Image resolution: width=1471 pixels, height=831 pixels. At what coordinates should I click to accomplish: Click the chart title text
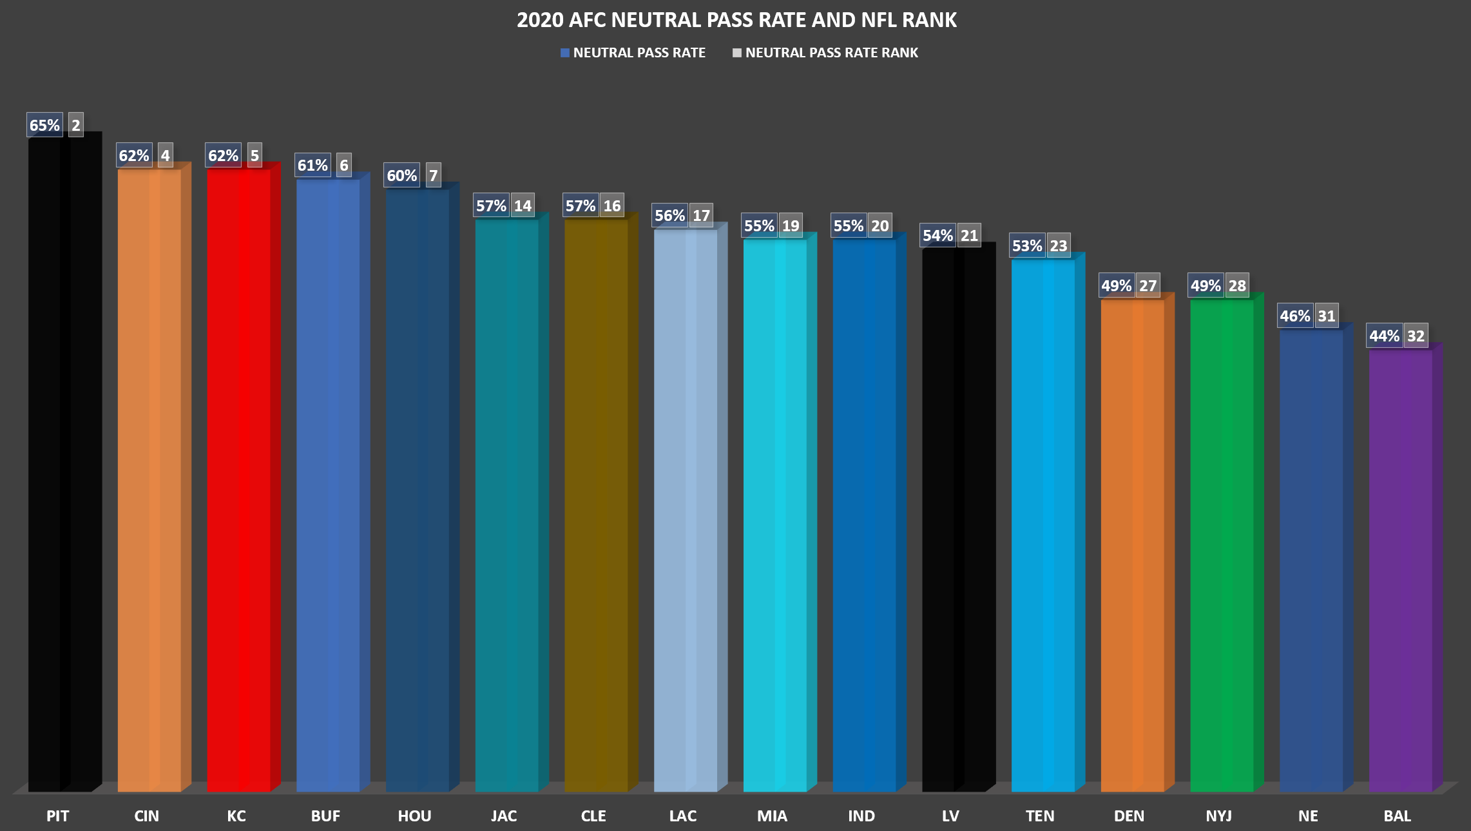click(736, 20)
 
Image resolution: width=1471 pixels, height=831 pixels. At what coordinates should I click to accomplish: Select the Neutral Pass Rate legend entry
click(633, 53)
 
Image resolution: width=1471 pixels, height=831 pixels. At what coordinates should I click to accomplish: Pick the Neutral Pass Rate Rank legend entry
click(825, 53)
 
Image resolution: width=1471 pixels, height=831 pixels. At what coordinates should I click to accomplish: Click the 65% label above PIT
click(44, 125)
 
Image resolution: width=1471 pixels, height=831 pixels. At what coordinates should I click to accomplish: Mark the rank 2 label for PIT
click(76, 125)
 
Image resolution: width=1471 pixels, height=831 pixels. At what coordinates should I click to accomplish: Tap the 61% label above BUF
click(312, 166)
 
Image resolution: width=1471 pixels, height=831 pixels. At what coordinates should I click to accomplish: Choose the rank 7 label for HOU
click(434, 175)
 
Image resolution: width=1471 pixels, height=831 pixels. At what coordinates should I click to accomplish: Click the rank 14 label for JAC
click(523, 205)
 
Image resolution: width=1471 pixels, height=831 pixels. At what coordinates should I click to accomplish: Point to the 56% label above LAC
click(670, 216)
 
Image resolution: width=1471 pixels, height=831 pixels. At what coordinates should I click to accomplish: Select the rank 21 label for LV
click(969, 236)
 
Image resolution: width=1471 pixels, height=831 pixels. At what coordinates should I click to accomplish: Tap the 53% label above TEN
click(1027, 245)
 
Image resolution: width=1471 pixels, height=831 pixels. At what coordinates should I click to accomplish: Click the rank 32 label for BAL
click(1416, 336)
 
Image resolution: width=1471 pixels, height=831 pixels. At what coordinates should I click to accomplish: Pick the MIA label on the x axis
click(772, 816)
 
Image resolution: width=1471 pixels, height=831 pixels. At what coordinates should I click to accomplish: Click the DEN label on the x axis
click(1129, 816)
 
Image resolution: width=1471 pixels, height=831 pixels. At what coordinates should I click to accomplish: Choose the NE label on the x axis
click(1308, 816)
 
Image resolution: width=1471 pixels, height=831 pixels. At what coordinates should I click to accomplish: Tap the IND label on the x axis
click(861, 816)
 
